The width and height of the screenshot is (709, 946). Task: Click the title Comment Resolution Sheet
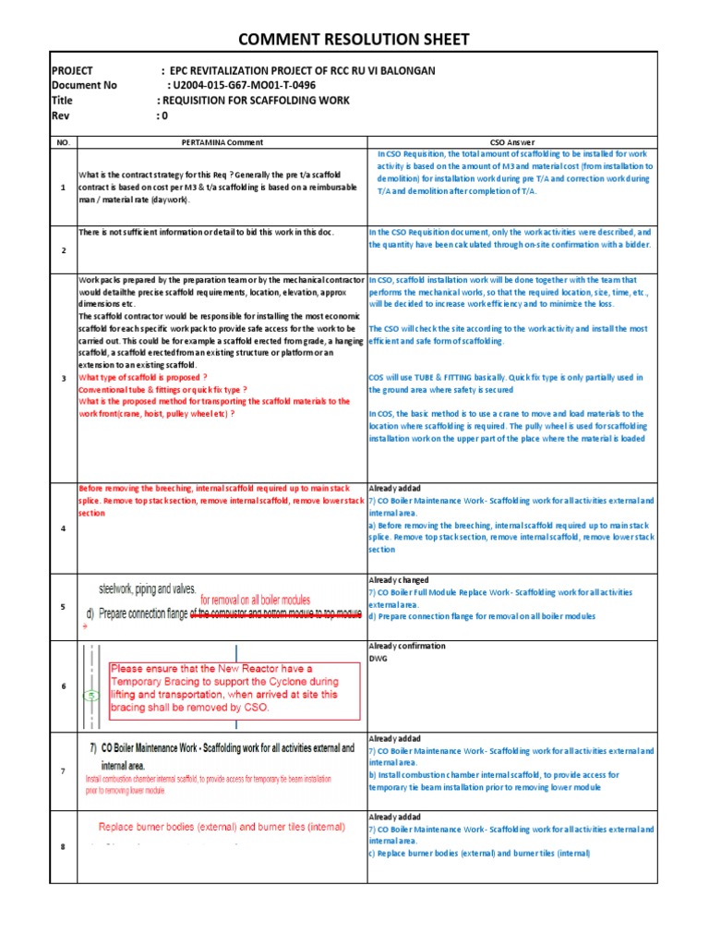point(354,39)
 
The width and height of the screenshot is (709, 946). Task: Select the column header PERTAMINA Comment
point(222,142)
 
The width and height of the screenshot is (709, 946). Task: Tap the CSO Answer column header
point(511,142)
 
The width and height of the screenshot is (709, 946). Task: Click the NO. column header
point(63,142)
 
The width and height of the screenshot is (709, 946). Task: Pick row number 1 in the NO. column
point(63,188)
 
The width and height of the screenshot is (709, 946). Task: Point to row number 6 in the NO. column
point(63,685)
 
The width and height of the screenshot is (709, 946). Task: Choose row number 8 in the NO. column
point(63,847)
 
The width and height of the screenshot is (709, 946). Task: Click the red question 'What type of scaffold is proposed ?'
point(142,377)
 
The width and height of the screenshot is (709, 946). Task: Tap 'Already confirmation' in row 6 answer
point(406,647)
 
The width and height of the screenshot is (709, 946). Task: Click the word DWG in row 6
point(379,659)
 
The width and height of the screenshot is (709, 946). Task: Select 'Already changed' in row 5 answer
point(399,580)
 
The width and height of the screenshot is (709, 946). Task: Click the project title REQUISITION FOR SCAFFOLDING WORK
point(255,100)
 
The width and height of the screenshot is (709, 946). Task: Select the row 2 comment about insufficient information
point(207,232)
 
